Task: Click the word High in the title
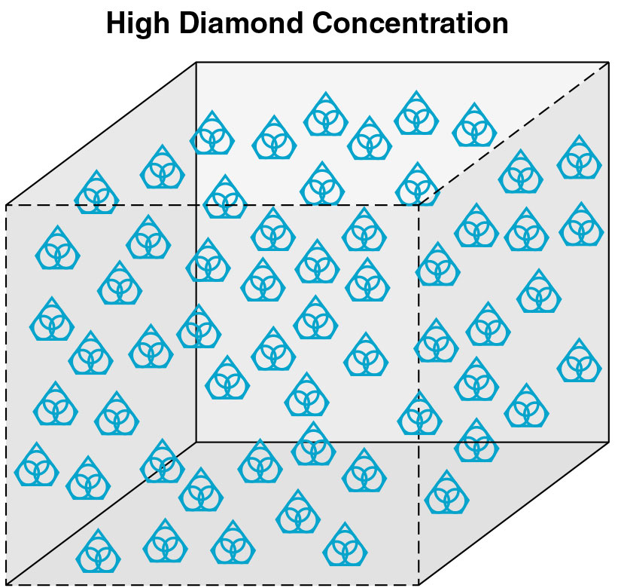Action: tap(138, 24)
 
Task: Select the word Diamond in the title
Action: tap(241, 23)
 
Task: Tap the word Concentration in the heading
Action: tap(410, 23)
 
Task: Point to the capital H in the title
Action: tap(116, 23)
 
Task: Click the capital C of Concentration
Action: tap(324, 23)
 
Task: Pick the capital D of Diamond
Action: tap(190, 23)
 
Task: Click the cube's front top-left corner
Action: tap(6, 205)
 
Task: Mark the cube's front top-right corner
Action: tap(419, 205)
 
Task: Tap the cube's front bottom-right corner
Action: tap(419, 584)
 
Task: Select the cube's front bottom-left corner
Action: tap(6, 584)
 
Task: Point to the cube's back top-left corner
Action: tap(196, 63)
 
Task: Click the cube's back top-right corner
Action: tap(608, 63)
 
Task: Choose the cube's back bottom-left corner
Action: tap(196, 442)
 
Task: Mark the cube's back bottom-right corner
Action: tap(608, 442)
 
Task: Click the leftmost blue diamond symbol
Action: tap(37, 464)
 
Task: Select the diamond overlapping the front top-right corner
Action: tap(418, 184)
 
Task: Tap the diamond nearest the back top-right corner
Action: tap(580, 157)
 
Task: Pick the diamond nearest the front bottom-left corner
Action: tap(98, 551)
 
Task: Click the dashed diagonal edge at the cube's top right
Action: tap(513, 133)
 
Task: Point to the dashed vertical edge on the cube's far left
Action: tap(6, 394)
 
